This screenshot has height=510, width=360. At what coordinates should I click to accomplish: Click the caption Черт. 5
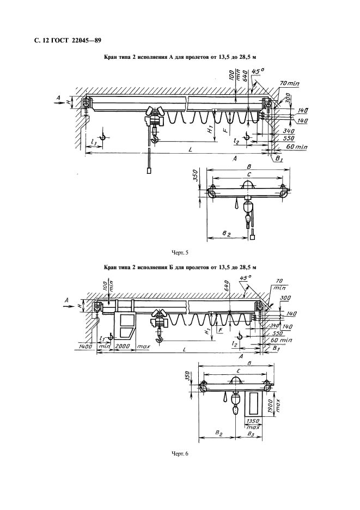click(180, 252)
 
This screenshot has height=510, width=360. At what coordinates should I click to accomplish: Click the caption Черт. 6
click(180, 454)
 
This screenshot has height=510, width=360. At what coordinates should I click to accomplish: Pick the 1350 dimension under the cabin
click(253, 421)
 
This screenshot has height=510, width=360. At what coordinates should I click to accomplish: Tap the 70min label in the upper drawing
click(289, 84)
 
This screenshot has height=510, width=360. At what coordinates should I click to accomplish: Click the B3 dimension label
click(250, 434)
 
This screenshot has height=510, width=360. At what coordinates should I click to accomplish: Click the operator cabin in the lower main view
click(125, 326)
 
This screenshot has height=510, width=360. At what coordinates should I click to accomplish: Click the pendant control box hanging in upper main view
click(148, 171)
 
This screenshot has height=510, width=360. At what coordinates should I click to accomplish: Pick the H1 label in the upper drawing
click(210, 130)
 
